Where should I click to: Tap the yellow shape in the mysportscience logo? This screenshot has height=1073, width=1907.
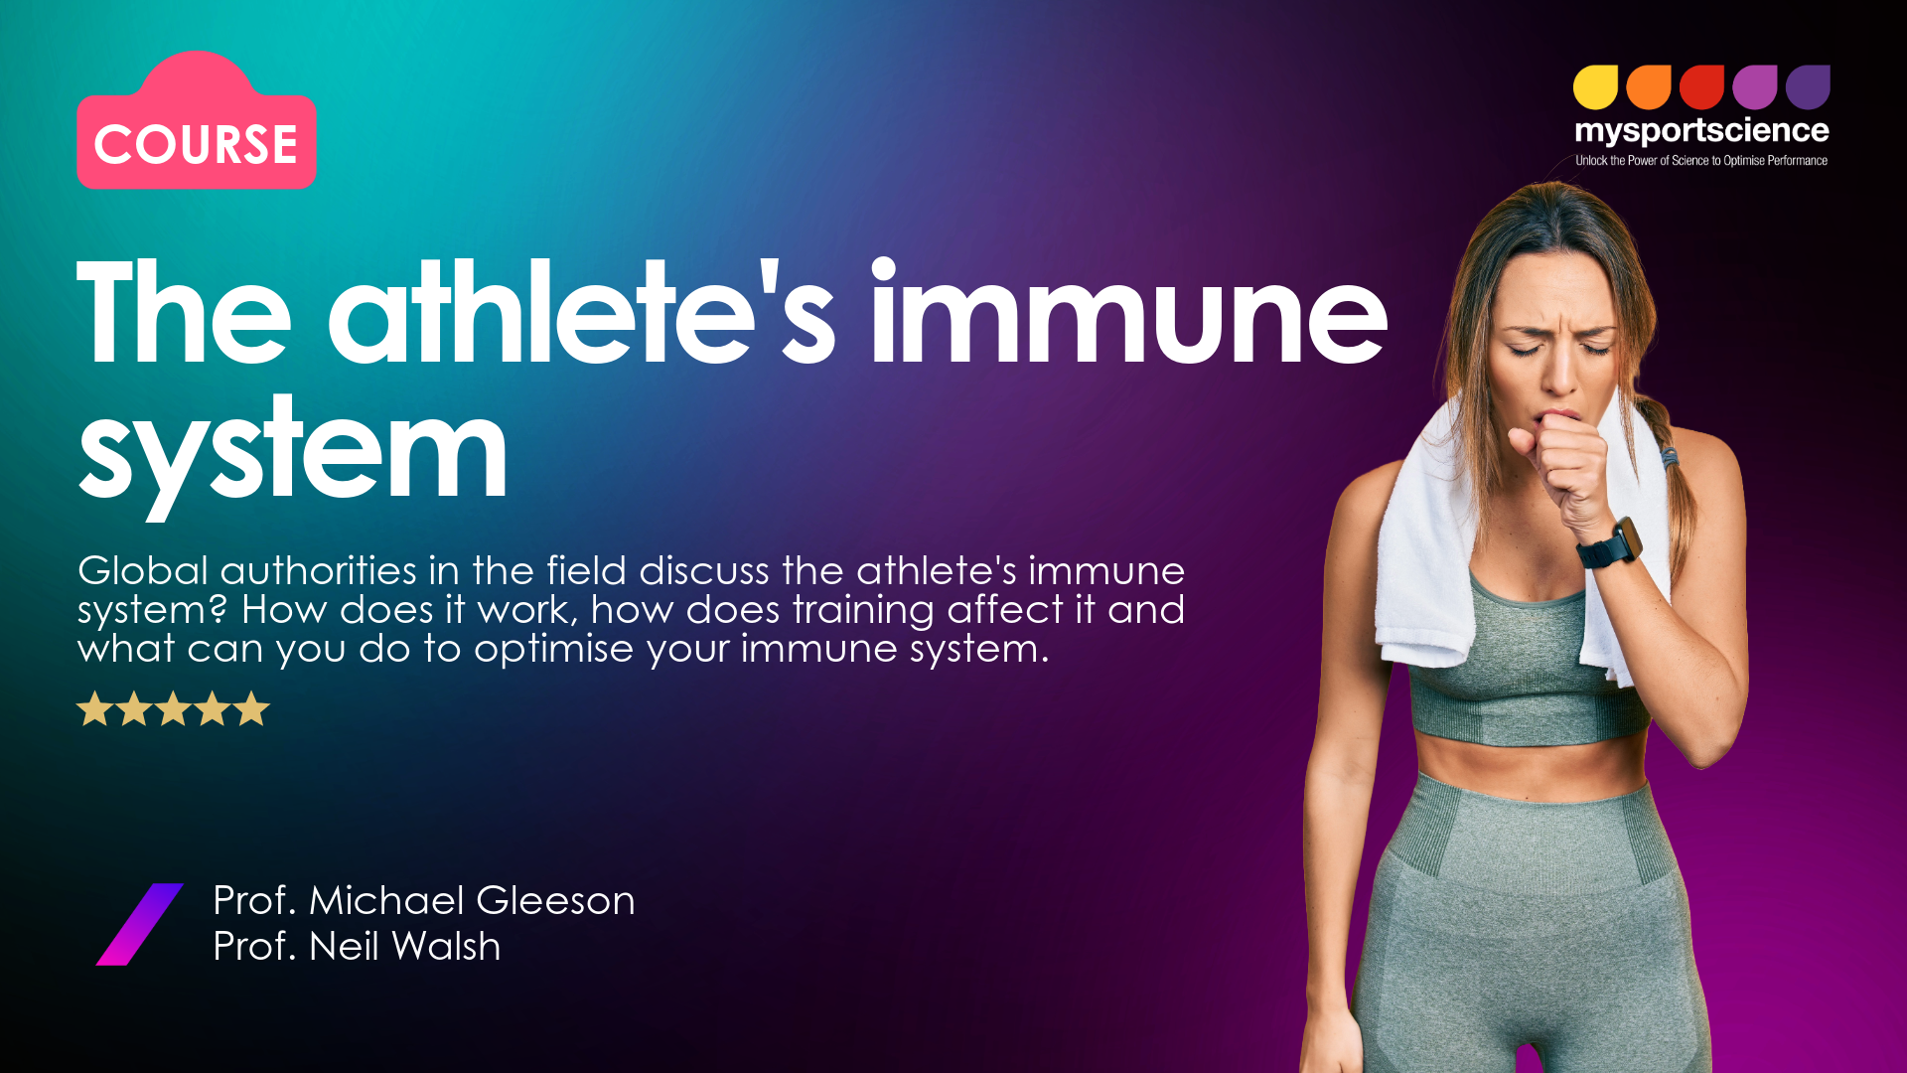1596,87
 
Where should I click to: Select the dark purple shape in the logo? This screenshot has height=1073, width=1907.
1808,87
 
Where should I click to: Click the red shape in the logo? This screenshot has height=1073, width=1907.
1701,87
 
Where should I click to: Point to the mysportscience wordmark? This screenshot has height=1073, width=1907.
1701,131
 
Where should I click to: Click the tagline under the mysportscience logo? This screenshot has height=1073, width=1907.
1701,161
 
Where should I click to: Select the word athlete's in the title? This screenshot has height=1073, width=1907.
582,311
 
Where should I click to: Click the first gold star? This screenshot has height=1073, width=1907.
94,709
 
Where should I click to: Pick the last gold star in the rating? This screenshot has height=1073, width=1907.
251,709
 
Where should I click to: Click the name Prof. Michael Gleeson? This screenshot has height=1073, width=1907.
424,901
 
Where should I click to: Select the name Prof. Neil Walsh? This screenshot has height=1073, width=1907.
357,947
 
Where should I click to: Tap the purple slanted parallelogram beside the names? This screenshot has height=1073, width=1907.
139,924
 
